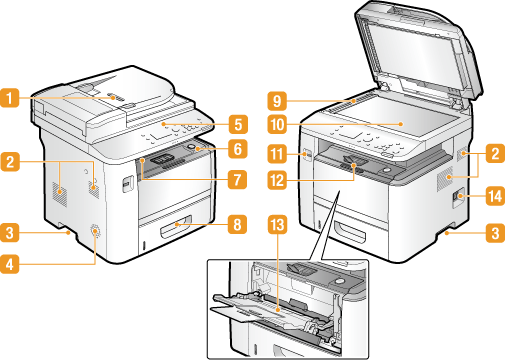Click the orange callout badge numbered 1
tap(10, 97)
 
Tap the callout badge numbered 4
tap(10, 264)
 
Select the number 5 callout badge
tap(238, 124)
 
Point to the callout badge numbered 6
tap(238, 149)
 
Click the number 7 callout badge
tap(237, 179)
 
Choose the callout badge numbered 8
tap(237, 224)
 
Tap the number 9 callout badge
tap(277, 101)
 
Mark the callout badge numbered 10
tap(277, 125)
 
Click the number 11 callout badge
tap(277, 154)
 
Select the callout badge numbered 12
tap(277, 180)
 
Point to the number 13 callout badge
tap(277, 225)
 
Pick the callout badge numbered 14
tap(495, 196)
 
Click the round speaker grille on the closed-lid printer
tap(95, 231)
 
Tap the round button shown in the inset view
tap(339, 281)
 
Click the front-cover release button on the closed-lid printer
tap(126, 184)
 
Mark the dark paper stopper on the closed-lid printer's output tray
tap(162, 158)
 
